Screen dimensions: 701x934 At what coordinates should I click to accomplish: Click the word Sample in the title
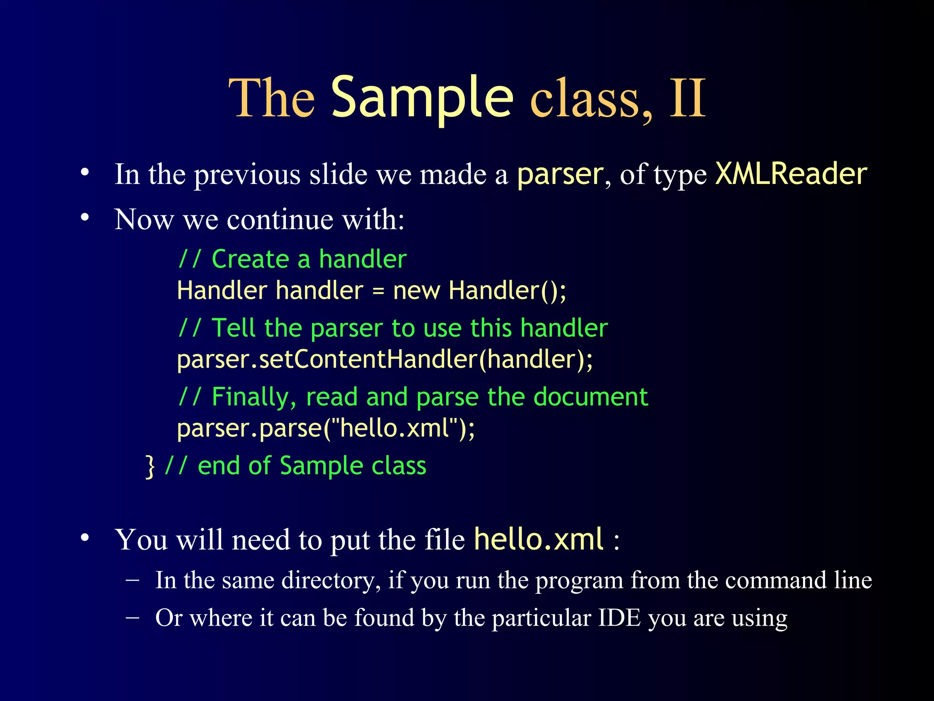pyautogui.click(x=422, y=98)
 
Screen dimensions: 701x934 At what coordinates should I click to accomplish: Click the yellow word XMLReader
pyautogui.click(x=791, y=174)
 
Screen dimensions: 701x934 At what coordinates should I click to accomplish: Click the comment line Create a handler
pyautogui.click(x=292, y=259)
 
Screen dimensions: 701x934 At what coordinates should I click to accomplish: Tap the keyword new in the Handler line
pyautogui.click(x=416, y=291)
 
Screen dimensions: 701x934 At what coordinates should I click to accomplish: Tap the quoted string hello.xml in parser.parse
pyautogui.click(x=395, y=428)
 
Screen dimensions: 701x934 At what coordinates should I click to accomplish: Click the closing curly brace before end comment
pyautogui.click(x=150, y=466)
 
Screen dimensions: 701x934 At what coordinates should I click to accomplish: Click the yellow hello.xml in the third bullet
pyautogui.click(x=539, y=539)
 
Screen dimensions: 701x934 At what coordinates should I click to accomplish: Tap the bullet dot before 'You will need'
pyautogui.click(x=85, y=538)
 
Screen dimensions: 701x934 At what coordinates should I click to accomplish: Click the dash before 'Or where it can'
pyautogui.click(x=132, y=617)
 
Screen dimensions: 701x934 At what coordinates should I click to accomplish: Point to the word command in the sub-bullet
pyautogui.click(x=775, y=581)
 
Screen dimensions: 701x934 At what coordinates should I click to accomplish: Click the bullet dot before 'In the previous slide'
pyautogui.click(x=85, y=173)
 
